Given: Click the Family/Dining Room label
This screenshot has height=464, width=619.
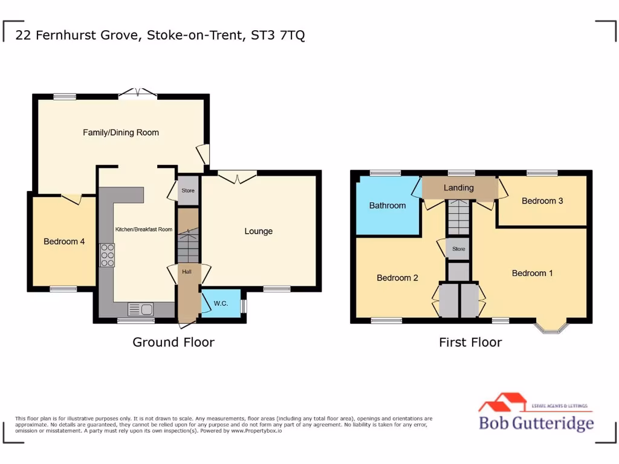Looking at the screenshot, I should [x=121, y=132].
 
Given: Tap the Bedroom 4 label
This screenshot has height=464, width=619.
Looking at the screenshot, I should [x=64, y=242].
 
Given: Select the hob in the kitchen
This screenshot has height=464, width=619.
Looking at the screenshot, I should [x=108, y=255].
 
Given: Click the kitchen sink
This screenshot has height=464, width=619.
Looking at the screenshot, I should [x=140, y=309].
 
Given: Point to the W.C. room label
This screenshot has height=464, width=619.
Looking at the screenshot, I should [x=220, y=303].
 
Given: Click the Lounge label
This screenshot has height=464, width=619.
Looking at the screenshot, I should [x=258, y=231].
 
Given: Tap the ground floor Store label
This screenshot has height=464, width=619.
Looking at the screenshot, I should [x=188, y=191].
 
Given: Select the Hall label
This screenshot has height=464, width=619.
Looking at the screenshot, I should [x=187, y=272].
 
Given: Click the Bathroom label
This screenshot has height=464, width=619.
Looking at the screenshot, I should [x=387, y=205].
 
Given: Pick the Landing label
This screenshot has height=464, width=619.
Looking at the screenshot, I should [x=459, y=187].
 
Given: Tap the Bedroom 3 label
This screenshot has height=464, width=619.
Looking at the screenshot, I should [x=542, y=201].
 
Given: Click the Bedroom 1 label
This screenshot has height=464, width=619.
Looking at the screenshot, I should [x=532, y=273].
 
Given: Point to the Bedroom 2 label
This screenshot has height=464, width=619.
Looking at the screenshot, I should [x=398, y=278].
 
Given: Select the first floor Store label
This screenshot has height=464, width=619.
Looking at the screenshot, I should [x=459, y=248].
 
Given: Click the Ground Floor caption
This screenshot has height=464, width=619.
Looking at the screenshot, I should [x=173, y=343].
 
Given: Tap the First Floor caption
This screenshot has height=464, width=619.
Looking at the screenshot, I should [x=470, y=343].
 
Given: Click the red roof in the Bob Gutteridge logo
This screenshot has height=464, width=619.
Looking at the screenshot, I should [x=502, y=402].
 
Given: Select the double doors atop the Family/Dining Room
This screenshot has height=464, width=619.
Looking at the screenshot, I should [x=138, y=92].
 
